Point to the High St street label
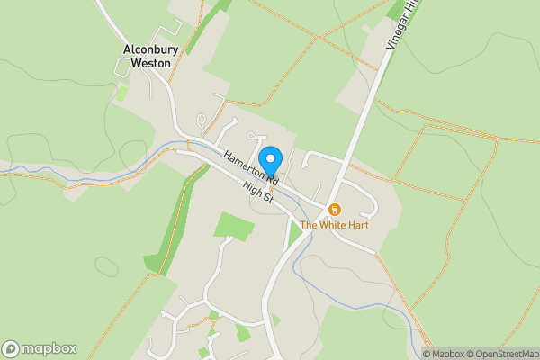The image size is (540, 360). coord(257,191)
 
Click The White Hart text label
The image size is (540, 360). coord(334,224)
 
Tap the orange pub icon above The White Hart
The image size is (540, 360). coord(334,209)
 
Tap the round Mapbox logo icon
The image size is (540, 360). coord(12,349)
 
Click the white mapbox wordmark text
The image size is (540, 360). coord(49,349)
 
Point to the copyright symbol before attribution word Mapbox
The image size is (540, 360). coord(427,354)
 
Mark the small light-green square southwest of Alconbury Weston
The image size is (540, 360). coord(121,93)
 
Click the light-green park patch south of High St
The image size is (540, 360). coord(233,224)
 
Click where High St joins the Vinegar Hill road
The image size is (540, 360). coord(310,228)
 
